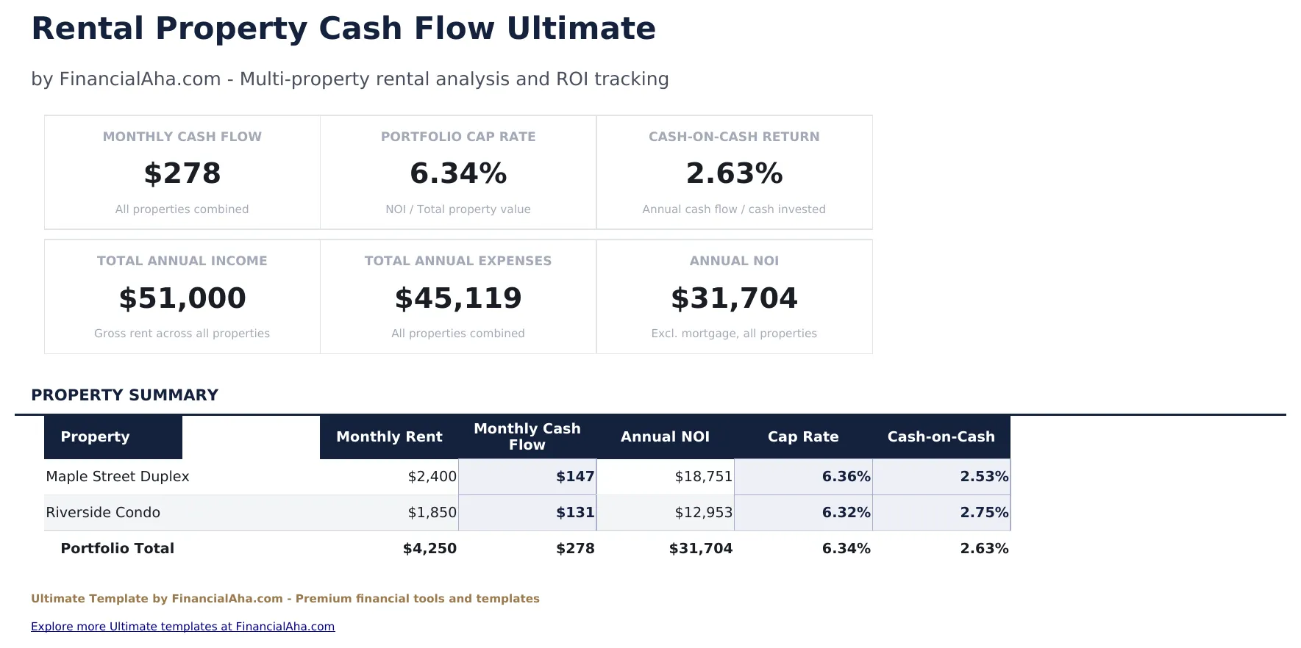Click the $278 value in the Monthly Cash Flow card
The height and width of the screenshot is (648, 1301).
[x=182, y=174]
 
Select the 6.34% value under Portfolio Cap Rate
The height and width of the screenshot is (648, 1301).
[x=458, y=174]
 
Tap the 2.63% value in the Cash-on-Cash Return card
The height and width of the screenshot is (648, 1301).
[x=734, y=174]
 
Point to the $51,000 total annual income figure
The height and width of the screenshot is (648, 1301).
[x=182, y=298]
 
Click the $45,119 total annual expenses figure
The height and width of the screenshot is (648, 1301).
[x=458, y=298]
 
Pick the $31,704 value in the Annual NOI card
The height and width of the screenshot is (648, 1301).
[x=734, y=298]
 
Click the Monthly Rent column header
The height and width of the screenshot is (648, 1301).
[x=389, y=437]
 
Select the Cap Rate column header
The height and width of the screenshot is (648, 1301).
[x=803, y=437]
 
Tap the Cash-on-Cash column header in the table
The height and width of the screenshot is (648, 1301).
[x=941, y=437]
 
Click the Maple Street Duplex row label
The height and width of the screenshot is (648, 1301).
[x=118, y=477]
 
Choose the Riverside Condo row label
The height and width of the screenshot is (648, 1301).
[x=103, y=513]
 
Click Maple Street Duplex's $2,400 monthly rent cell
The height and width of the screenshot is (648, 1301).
[x=432, y=477]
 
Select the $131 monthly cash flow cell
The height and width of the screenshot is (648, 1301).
[x=574, y=513]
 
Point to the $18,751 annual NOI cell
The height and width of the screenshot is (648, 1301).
[x=703, y=477]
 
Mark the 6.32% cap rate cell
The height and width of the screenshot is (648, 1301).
[x=846, y=513]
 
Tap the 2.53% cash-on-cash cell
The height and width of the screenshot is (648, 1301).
[x=984, y=477]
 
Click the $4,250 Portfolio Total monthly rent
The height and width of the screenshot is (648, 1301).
[x=429, y=549]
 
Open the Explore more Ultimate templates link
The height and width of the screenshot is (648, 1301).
[x=182, y=627]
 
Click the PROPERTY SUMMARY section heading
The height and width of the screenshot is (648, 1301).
[x=125, y=395]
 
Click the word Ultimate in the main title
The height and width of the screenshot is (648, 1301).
[x=580, y=29]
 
